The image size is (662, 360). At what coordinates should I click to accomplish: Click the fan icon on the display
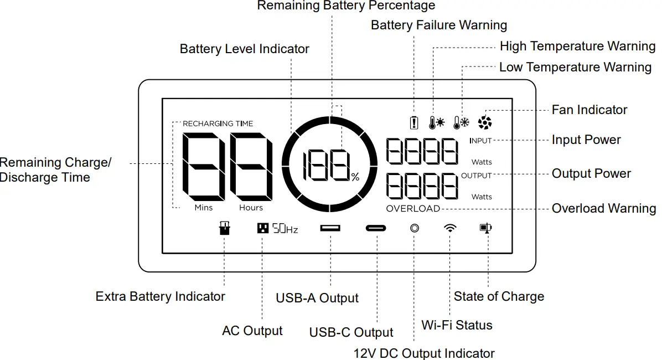[484, 122]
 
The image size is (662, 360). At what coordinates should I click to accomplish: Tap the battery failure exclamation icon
[413, 122]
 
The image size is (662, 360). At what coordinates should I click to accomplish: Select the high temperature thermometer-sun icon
[437, 122]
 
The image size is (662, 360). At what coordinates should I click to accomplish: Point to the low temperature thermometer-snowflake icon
[461, 122]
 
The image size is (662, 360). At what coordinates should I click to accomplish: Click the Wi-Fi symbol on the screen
[451, 228]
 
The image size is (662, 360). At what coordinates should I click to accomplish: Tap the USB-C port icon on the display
[376, 228]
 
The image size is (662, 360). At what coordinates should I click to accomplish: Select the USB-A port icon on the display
[330, 228]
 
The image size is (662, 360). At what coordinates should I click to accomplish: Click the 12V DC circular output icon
[414, 228]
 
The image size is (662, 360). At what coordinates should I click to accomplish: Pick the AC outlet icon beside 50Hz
[263, 228]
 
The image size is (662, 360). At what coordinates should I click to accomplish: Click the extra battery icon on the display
[224, 228]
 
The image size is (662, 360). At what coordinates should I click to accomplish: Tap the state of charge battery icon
[485, 228]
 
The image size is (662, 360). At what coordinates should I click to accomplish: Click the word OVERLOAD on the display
[413, 209]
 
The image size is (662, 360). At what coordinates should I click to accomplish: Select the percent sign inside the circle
[355, 177]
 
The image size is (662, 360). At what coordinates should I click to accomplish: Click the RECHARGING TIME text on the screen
[218, 124]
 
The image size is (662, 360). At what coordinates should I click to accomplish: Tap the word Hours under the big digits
[251, 208]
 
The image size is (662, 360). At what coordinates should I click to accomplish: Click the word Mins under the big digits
[204, 208]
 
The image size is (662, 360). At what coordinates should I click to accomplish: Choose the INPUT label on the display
[480, 141]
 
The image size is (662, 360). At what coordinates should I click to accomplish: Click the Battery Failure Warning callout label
[439, 25]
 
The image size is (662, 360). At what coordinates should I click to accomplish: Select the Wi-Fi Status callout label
[457, 325]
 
